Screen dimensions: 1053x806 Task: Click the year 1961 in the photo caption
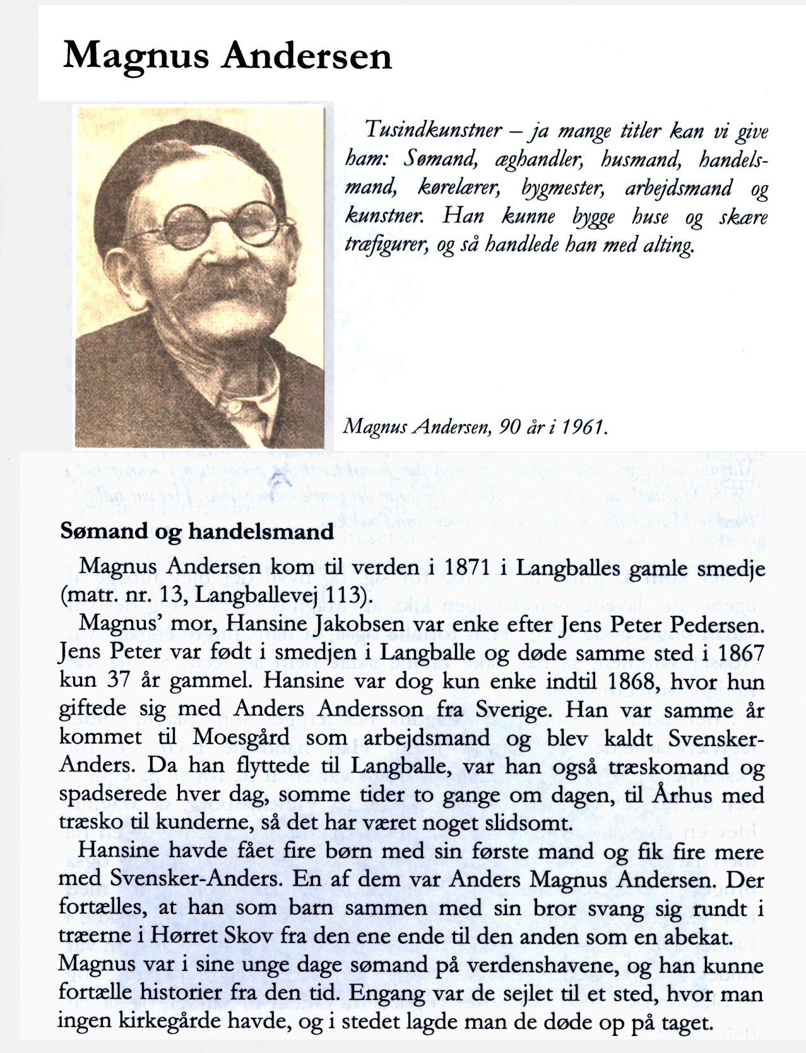tap(586, 428)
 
